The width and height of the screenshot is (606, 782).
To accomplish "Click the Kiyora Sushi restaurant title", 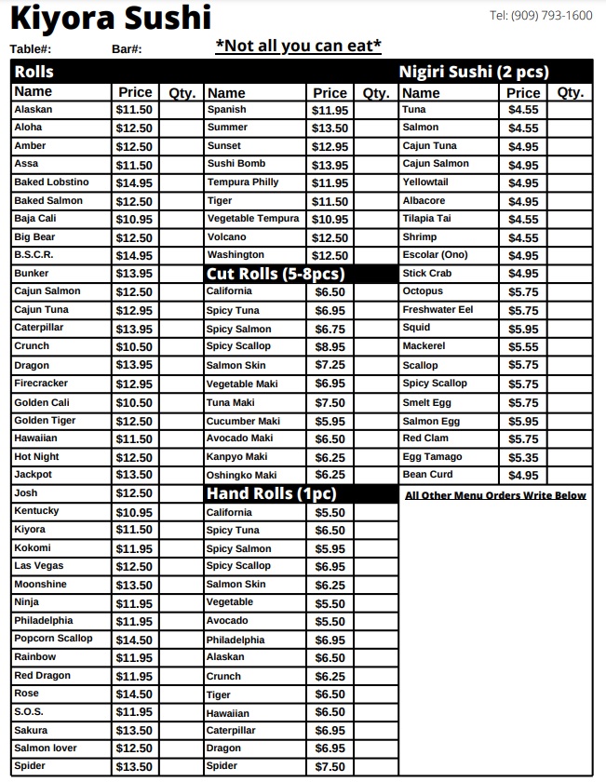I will point(111,17).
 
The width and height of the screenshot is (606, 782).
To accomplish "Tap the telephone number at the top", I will point(541,15).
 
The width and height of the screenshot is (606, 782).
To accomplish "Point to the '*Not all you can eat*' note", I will point(298,46).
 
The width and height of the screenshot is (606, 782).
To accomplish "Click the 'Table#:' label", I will point(31,49).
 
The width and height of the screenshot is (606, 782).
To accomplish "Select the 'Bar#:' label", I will point(127,49).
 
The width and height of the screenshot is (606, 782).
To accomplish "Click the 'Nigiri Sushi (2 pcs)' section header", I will point(474,72).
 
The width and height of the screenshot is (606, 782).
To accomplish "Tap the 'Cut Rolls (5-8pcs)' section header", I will point(275,274).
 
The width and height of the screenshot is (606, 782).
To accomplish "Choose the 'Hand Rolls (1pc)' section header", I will point(271,493).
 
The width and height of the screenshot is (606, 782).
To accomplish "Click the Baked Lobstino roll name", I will point(51,182).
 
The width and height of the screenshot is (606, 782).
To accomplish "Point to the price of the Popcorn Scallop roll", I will point(134,640).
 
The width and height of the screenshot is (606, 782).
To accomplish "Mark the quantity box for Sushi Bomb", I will point(375,165).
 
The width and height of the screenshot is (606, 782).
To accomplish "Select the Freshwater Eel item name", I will point(438,310).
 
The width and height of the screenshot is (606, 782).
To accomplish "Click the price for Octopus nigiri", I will point(523,291).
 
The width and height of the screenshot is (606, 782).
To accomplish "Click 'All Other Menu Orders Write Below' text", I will point(495,495).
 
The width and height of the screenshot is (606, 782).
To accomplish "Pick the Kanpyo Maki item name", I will point(236,457).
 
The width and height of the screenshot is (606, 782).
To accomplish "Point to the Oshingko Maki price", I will point(330,475).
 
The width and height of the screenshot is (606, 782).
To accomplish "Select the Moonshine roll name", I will point(40,585).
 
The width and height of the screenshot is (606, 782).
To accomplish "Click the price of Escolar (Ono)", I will point(523,256).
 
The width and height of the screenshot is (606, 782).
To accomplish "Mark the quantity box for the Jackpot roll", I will point(181,475).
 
